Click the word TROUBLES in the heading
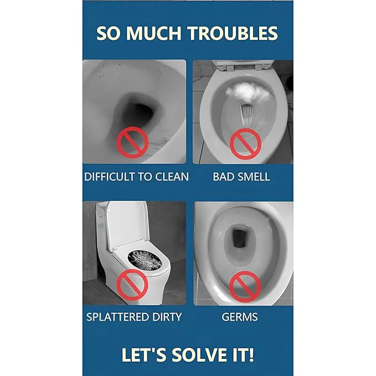(x=233, y=33)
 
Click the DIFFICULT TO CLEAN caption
(x=136, y=177)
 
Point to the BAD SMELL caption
(x=241, y=177)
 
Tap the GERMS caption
(x=240, y=317)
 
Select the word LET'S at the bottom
(x=145, y=354)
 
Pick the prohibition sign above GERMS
(x=245, y=286)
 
